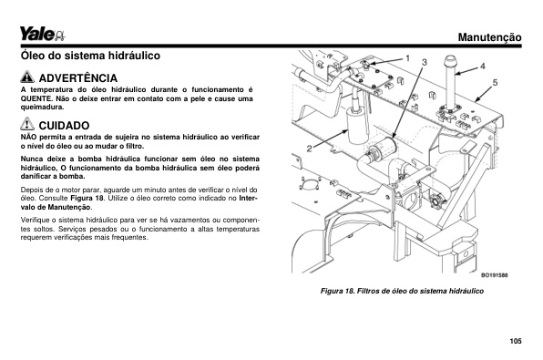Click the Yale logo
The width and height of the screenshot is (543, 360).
tap(42, 34)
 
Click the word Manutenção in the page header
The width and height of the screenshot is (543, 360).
tap(489, 37)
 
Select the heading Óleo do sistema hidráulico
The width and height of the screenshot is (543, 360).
tap(90, 56)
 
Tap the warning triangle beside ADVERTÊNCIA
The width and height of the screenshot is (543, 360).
tap(27, 77)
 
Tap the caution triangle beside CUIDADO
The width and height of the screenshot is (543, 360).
tap(27, 124)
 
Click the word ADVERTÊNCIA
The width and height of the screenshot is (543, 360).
tap(78, 78)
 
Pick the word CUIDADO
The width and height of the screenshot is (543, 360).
tap(64, 126)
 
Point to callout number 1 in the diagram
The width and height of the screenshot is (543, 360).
tap(407, 58)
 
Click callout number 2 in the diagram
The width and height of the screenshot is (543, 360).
tap(309, 149)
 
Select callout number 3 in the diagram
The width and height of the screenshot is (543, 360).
tap(425, 62)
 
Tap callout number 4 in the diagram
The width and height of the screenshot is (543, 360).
tap(482, 67)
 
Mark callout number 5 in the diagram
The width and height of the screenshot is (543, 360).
tap(496, 82)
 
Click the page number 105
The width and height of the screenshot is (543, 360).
tap(516, 341)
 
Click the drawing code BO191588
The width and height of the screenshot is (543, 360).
tap(495, 275)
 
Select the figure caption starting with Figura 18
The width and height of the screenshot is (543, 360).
tap(402, 291)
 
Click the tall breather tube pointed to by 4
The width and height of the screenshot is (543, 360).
tap(450, 84)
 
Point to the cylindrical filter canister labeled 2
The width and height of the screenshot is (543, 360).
tap(357, 127)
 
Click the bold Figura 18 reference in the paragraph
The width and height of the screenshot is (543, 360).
tap(87, 198)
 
